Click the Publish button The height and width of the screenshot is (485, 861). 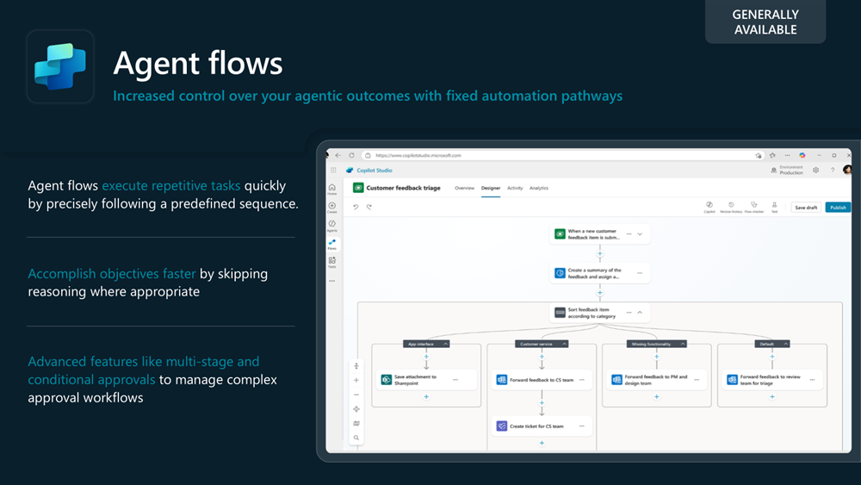(838, 208)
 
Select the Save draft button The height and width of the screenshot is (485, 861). (806, 208)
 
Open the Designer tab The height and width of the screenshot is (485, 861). (490, 188)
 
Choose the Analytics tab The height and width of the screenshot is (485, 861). (539, 188)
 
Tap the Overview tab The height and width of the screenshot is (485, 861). (464, 188)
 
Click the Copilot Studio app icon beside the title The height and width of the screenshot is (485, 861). (60, 66)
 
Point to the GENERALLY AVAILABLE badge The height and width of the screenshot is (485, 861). (765, 22)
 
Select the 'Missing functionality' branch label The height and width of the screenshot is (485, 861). (653, 344)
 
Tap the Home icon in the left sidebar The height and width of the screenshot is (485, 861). (332, 189)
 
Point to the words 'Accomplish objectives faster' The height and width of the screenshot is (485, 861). (112, 274)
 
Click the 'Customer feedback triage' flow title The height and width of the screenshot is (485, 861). (403, 188)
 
